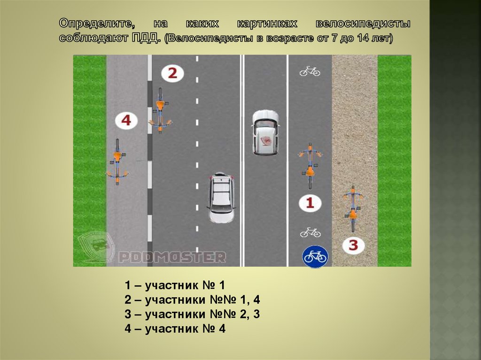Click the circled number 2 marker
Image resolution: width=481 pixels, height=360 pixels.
pos(172,73)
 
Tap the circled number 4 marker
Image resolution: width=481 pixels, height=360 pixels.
pos(126,121)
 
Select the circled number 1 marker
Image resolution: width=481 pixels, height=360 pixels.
pos(310,203)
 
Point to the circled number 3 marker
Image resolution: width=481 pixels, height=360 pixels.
pos(353,245)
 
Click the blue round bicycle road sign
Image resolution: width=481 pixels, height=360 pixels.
pos(315,256)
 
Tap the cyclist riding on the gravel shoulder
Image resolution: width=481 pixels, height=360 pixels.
pos(353,207)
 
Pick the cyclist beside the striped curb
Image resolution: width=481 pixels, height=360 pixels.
pos(160,111)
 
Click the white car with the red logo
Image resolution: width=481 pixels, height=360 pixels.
pos(265,132)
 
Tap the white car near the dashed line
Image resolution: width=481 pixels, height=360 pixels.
pos(221,197)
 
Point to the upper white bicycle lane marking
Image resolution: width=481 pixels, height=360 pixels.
pos(310,71)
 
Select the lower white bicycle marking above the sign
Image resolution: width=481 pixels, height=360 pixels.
pos(310,232)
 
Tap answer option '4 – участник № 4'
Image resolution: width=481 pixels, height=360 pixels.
pos(175,329)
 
